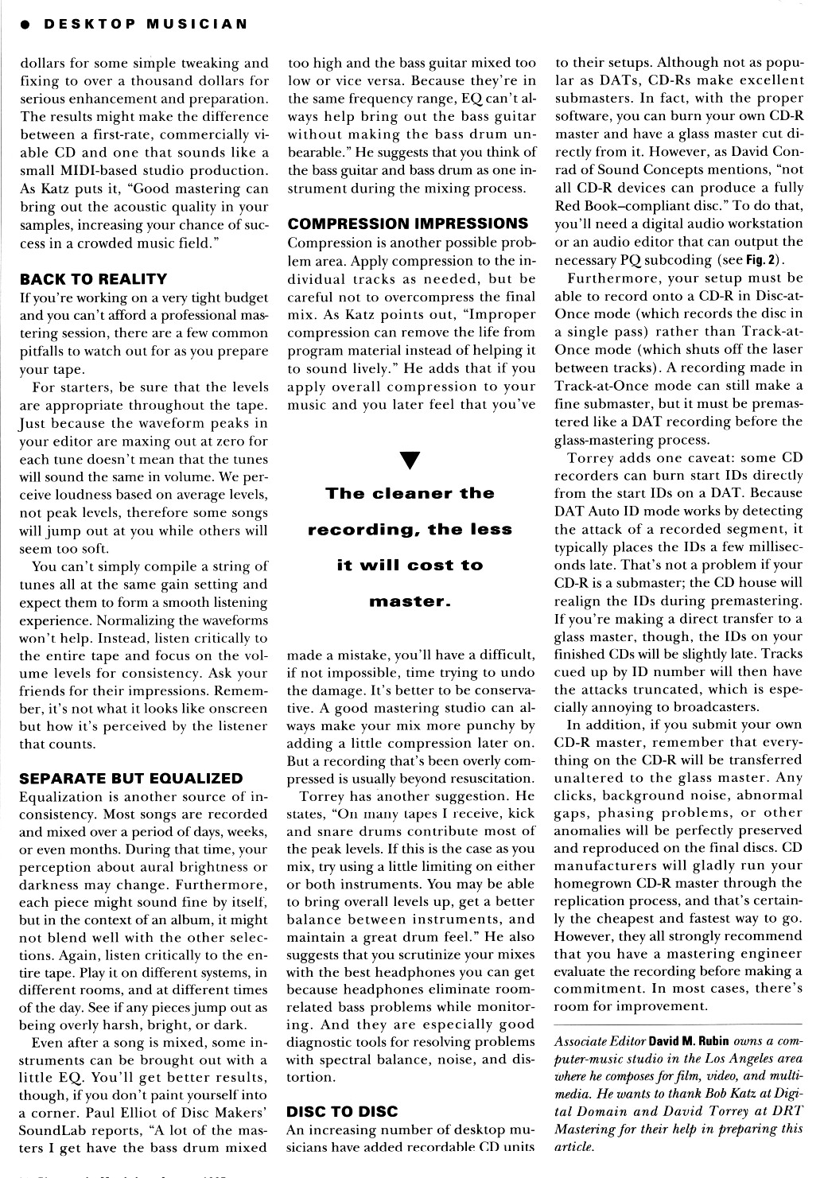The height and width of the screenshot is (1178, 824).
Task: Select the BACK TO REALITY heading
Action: coord(93,279)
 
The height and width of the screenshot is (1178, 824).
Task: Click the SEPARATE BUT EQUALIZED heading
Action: coord(130,779)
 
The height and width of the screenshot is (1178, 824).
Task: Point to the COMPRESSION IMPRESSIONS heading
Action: coord(408,224)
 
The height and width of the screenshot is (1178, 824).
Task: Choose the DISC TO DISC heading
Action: coord(342,1111)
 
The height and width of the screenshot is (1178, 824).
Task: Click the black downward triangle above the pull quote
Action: coord(411,460)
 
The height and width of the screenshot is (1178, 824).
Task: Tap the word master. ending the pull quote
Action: coord(410,601)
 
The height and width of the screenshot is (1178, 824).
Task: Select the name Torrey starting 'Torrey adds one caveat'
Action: coord(589,458)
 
